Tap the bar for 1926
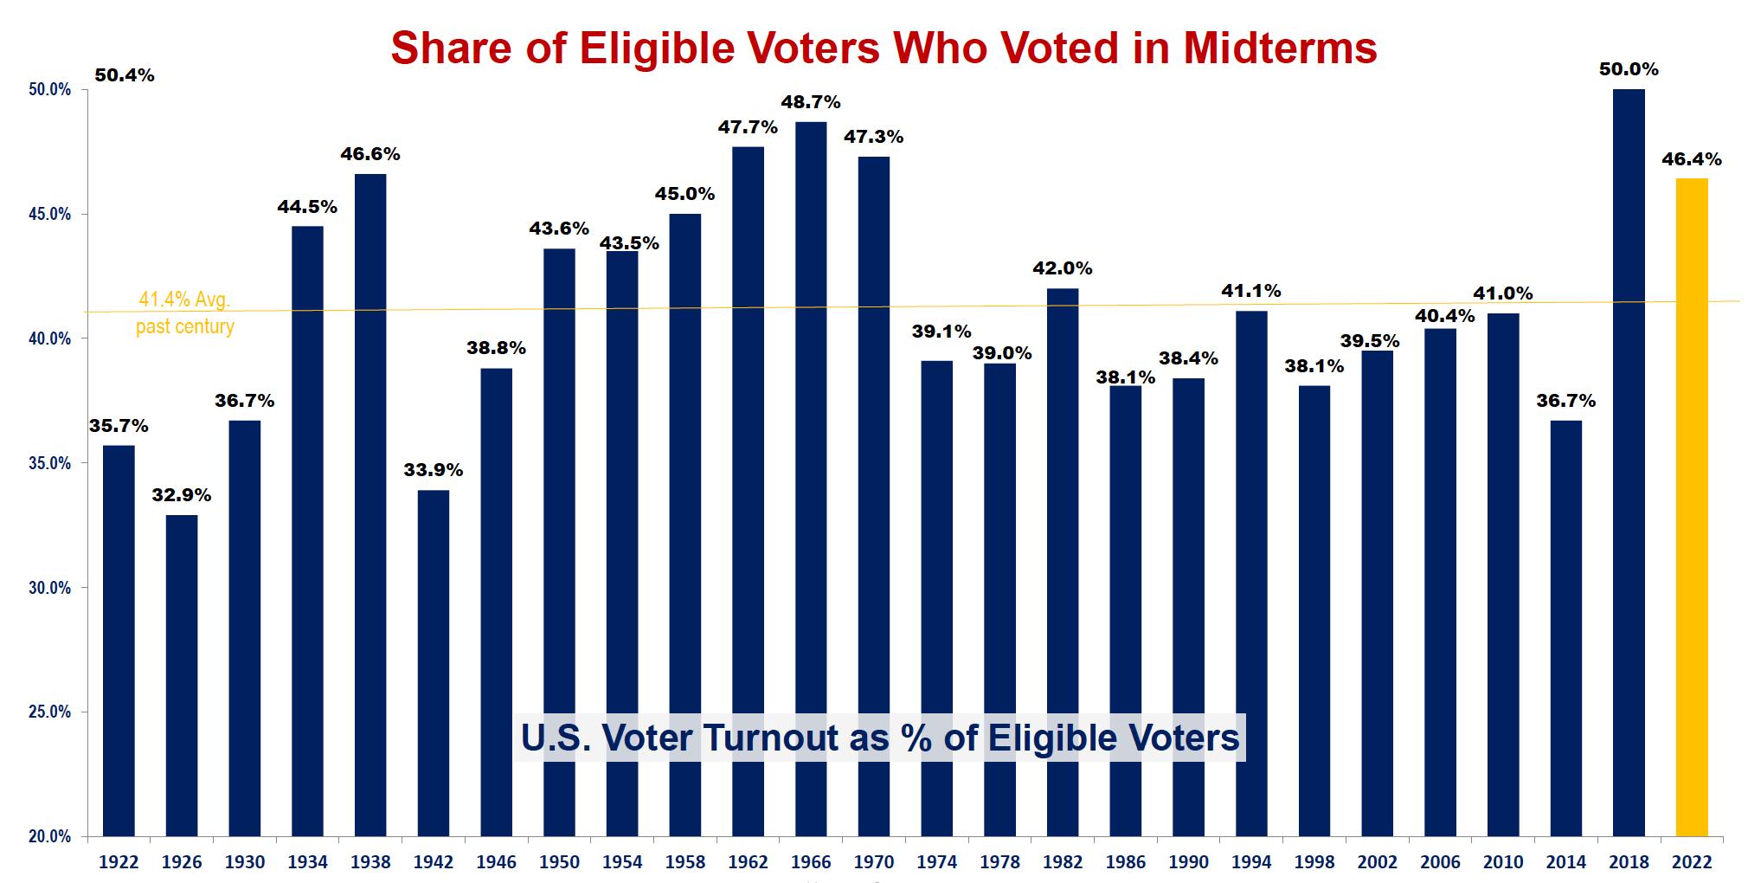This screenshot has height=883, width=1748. (182, 675)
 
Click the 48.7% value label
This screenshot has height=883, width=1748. (811, 102)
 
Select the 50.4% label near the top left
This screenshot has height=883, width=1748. (125, 75)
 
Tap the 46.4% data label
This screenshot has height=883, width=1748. (1692, 159)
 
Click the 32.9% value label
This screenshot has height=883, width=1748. (182, 495)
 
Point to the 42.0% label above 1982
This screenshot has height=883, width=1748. (1063, 268)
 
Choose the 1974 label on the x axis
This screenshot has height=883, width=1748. (937, 862)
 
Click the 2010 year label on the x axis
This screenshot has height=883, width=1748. (1503, 862)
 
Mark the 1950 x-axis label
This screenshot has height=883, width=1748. (559, 862)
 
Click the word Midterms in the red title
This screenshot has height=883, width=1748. (1280, 48)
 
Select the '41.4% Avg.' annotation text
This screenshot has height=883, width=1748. (184, 300)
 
